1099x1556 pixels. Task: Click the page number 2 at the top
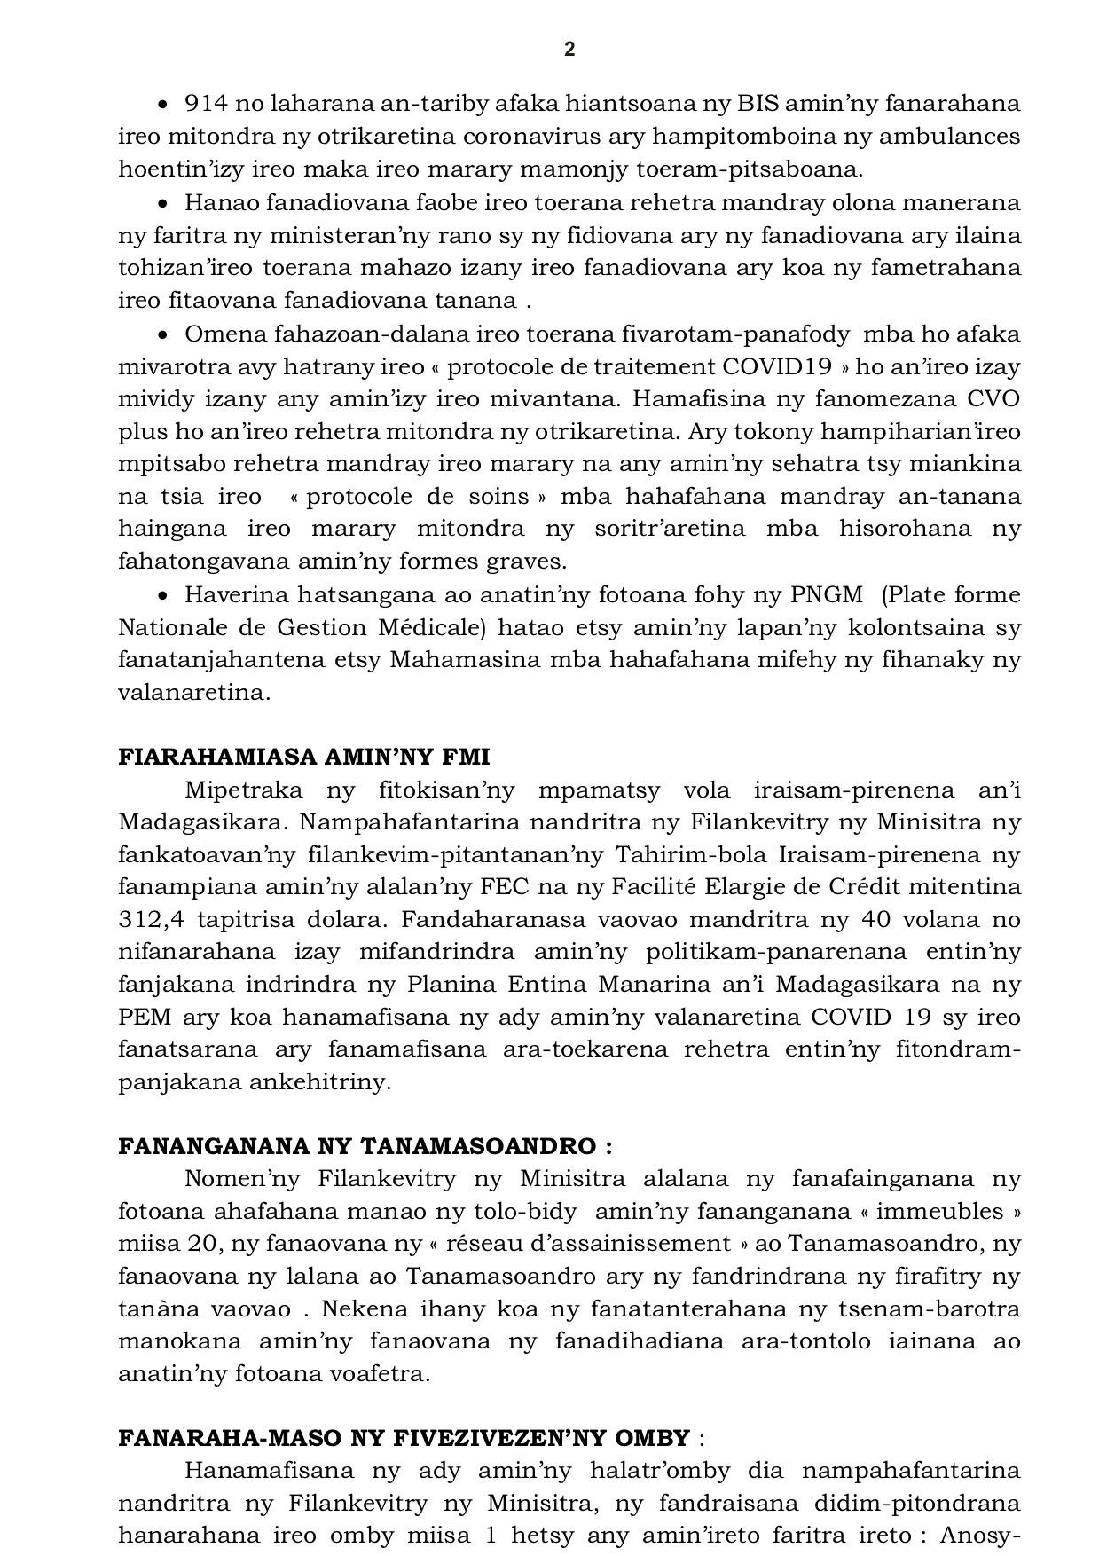point(569,50)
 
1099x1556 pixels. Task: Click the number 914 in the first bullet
point(205,104)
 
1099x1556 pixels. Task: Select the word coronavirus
point(539,137)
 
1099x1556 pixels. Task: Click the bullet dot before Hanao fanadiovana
point(162,203)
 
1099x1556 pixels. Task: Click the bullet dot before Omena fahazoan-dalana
point(162,335)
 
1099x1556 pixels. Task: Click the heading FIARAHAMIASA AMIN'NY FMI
point(304,757)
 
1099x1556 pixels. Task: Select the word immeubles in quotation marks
point(957,1212)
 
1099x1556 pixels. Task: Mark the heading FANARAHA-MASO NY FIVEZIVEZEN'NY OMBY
point(404,1438)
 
